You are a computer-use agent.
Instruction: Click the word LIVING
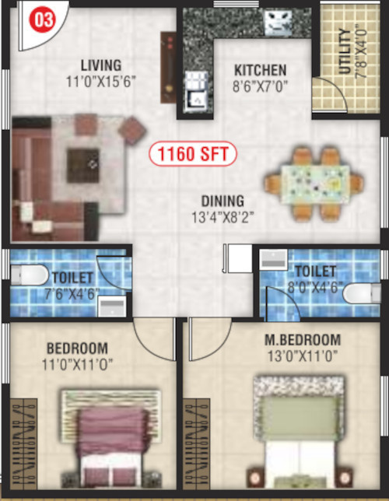pos(100,65)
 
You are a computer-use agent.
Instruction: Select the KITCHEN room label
pos(261,70)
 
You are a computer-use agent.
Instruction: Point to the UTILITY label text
pos(345,53)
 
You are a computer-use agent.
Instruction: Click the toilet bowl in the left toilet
pos(25,275)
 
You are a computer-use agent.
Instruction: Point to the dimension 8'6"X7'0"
pos(261,87)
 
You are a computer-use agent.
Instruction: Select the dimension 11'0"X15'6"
pos(100,80)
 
